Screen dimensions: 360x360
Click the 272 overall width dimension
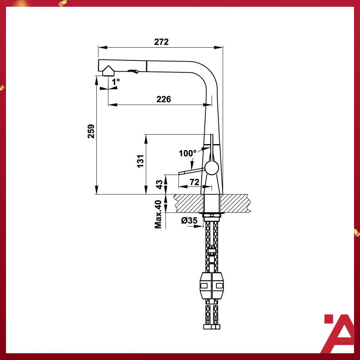pyautogui.click(x=161, y=42)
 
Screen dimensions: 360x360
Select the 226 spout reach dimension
pyautogui.click(x=163, y=99)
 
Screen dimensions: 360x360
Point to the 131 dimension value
pyautogui.click(x=140, y=161)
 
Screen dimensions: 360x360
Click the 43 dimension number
pyautogui.click(x=159, y=184)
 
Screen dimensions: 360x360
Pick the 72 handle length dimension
pyautogui.click(x=194, y=182)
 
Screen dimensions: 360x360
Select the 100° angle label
pyautogui.click(x=187, y=153)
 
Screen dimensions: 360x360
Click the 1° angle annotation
pyautogui.click(x=115, y=81)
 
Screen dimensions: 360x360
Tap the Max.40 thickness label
pyautogui.click(x=158, y=214)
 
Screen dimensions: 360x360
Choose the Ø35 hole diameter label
pyautogui.click(x=189, y=220)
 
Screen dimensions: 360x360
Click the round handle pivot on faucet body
pyautogui.click(x=212, y=168)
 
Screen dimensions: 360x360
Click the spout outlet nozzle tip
pyautogui.click(x=108, y=71)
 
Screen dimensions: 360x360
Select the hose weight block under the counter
pyautogui.click(x=212, y=285)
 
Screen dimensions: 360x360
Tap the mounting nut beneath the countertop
pyautogui.click(x=212, y=215)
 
